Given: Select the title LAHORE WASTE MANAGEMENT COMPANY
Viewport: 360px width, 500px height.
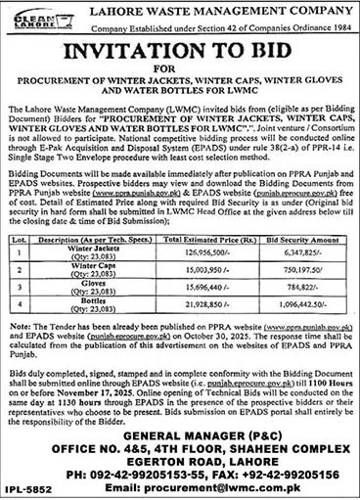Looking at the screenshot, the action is pos(201,9).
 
